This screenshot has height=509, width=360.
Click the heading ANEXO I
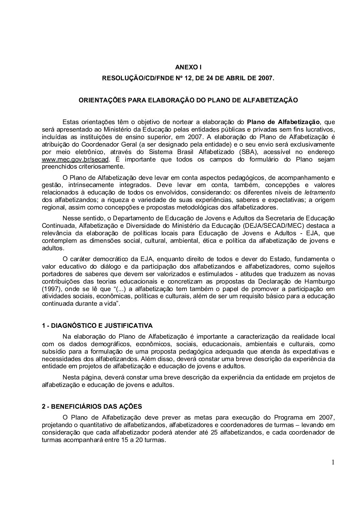coord(188,68)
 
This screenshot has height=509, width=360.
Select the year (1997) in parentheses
coord(51,289)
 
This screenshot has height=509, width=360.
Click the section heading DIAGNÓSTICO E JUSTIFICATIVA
coord(100,326)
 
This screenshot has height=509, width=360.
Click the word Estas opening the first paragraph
coord(71,122)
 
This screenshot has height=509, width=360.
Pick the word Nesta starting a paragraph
coord(71,377)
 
